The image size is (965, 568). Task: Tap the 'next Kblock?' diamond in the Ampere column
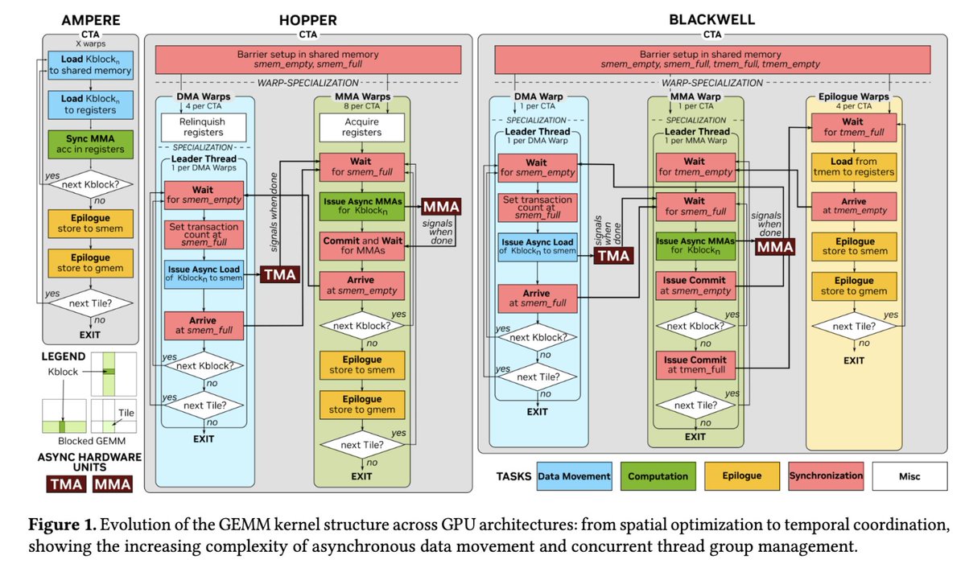(90, 185)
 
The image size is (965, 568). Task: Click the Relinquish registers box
(204, 127)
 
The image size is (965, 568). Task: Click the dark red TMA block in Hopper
(278, 275)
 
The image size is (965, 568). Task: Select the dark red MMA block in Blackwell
(773, 248)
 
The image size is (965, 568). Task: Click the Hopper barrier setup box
(307, 61)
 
